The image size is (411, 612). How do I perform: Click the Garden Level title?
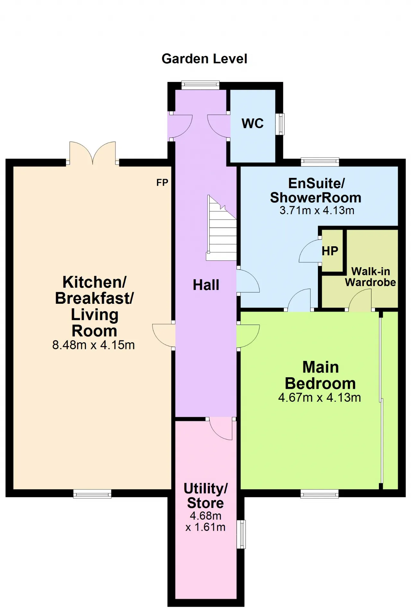click(x=204, y=59)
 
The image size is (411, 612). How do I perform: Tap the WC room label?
click(x=253, y=123)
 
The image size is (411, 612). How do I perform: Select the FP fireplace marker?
click(x=162, y=183)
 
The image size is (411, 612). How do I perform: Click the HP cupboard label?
click(x=330, y=251)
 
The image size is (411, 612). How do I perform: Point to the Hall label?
click(x=206, y=285)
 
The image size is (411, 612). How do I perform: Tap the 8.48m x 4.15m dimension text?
click(x=93, y=345)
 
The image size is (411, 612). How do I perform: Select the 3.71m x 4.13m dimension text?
click(x=317, y=210)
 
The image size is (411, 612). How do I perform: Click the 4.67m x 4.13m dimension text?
click(x=319, y=398)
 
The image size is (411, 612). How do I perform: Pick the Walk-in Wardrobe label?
click(x=371, y=277)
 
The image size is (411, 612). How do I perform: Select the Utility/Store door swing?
click(x=221, y=429)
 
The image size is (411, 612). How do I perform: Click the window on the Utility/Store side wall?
click(x=241, y=534)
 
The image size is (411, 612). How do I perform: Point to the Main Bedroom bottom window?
click(x=319, y=494)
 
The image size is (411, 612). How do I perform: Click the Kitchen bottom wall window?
click(x=92, y=494)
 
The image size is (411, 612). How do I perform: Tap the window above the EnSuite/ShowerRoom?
click(x=320, y=162)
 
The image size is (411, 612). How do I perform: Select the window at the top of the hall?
click(x=200, y=85)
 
